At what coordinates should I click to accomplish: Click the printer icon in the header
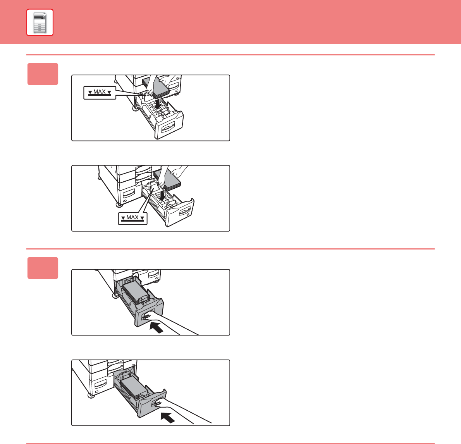click(40, 22)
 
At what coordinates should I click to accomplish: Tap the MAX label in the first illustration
click(100, 93)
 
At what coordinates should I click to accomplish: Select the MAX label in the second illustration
click(132, 219)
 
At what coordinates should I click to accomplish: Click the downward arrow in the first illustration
click(158, 103)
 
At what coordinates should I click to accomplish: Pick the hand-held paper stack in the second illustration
click(167, 180)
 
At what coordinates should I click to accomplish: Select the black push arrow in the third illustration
click(157, 327)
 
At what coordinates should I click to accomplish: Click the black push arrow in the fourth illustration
click(168, 417)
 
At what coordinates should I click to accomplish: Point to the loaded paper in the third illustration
click(134, 292)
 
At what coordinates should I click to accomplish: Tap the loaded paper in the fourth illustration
click(133, 387)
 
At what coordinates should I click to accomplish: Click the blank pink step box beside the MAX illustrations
click(43, 74)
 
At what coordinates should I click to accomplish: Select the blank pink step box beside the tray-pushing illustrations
click(43, 268)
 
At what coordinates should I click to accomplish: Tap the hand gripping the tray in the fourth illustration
click(182, 412)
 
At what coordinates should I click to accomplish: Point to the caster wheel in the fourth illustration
click(91, 396)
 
